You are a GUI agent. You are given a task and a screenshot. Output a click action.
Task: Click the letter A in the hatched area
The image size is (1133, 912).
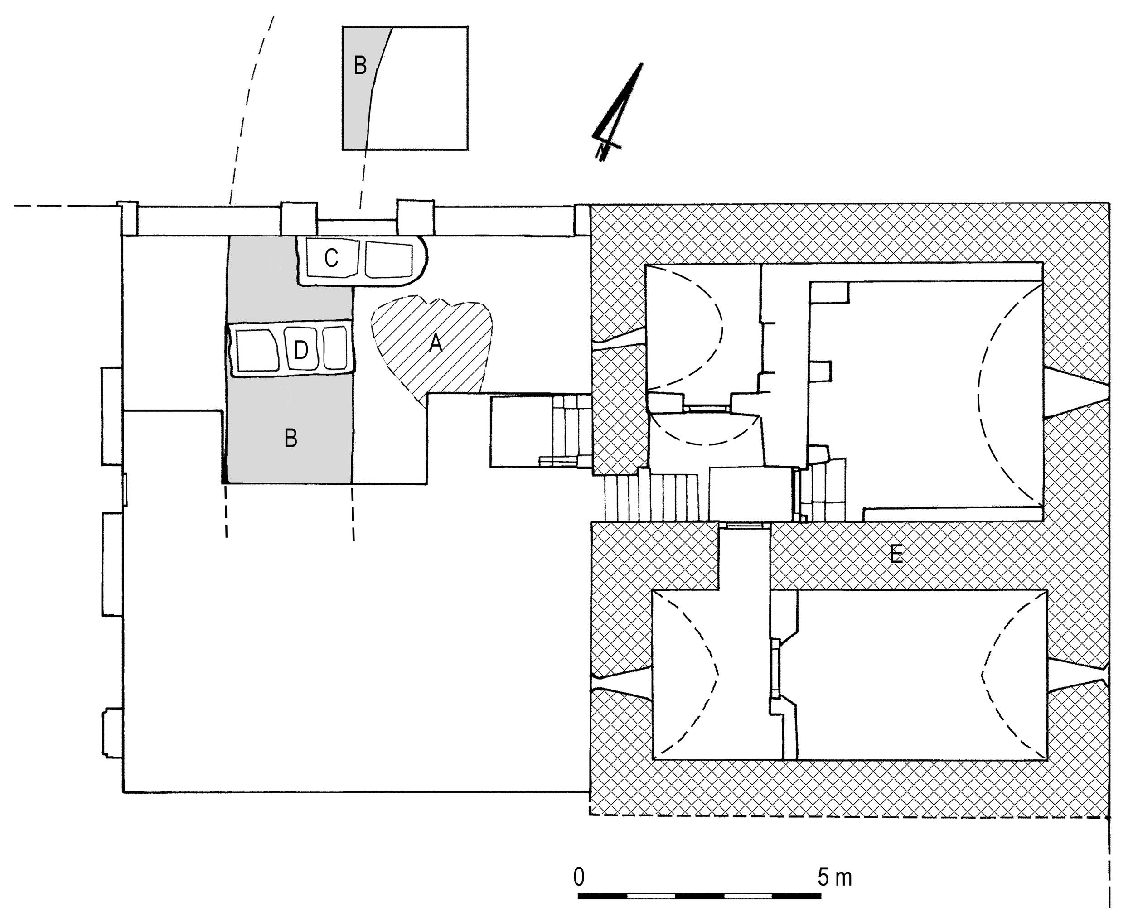[435, 344]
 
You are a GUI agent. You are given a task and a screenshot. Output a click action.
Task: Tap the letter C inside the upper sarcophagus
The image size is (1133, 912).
[331, 259]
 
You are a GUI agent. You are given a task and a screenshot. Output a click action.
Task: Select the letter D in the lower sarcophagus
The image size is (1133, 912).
[300, 350]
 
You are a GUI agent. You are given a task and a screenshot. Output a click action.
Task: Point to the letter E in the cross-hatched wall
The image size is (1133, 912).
[896, 554]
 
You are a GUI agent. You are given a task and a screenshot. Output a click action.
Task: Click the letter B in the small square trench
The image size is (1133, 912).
[360, 66]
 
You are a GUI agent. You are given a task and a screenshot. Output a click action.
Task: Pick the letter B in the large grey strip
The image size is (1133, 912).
[291, 438]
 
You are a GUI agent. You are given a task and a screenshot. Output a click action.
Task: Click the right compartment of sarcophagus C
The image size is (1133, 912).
[389, 259]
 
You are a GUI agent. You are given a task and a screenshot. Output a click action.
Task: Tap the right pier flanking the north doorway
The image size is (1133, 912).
[416, 217]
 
